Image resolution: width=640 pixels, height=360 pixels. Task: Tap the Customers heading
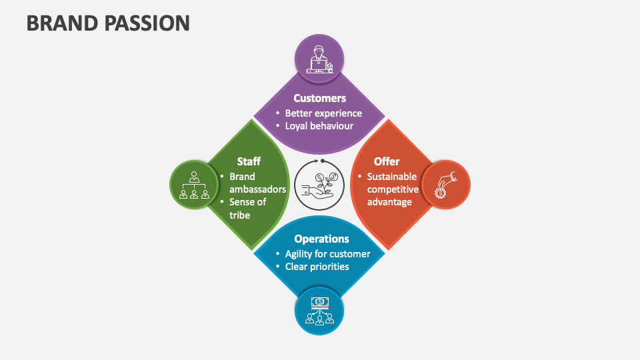coord(320,98)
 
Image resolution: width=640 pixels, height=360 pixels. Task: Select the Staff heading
coord(249,161)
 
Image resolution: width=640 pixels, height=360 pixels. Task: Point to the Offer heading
coord(387,161)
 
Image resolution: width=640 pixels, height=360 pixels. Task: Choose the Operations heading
coord(321,239)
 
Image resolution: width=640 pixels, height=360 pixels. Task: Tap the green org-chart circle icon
coord(194,185)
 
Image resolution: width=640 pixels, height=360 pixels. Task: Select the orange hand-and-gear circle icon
coord(445,185)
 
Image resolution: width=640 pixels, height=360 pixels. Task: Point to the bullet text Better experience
coord(323,113)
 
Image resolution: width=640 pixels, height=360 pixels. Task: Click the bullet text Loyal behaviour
coord(319,125)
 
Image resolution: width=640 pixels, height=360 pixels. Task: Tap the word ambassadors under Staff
coord(258,189)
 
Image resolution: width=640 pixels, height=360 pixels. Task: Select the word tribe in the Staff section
coord(240,215)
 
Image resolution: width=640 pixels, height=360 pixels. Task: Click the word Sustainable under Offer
coord(392,177)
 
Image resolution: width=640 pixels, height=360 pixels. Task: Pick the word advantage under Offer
coord(390,202)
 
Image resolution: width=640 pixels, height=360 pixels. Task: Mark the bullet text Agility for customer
coord(327,254)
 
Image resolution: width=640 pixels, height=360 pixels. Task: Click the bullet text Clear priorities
coord(317,267)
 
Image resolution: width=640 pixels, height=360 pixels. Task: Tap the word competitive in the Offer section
coord(393,189)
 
